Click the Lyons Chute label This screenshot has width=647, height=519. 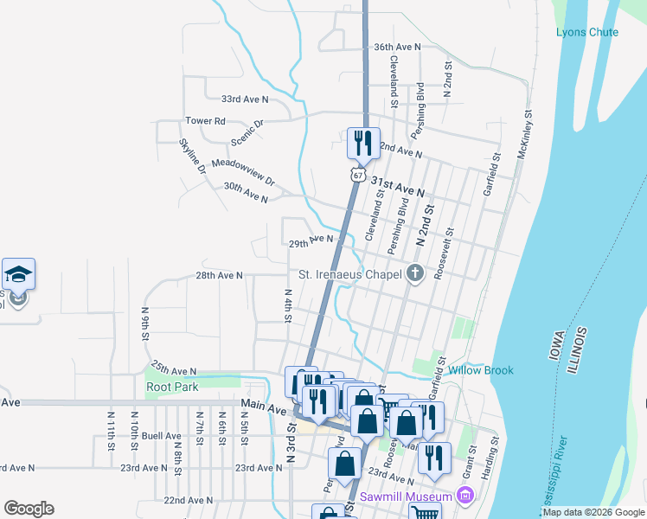tap(587, 32)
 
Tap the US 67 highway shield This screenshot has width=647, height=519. tap(357, 175)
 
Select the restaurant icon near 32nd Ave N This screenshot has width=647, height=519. tap(362, 142)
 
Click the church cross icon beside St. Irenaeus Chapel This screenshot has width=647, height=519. tap(415, 275)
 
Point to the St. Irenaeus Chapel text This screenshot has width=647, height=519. tap(350, 275)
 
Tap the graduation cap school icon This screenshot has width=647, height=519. tap(18, 274)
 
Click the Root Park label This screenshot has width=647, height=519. tap(170, 387)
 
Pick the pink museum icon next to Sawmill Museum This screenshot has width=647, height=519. tap(465, 496)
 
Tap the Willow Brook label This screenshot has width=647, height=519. tap(481, 370)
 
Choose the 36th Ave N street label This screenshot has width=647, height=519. tap(396, 47)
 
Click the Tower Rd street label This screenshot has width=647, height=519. tap(205, 121)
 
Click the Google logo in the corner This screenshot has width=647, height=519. tap(29, 509)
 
